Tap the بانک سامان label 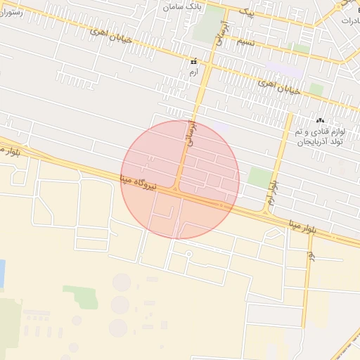[x=181, y=6]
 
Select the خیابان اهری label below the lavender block [x=279, y=86]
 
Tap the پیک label [x=245, y=11]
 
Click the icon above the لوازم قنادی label [x=321, y=121]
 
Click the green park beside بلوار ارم [x=260, y=177]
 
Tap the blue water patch [x=1, y=274]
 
